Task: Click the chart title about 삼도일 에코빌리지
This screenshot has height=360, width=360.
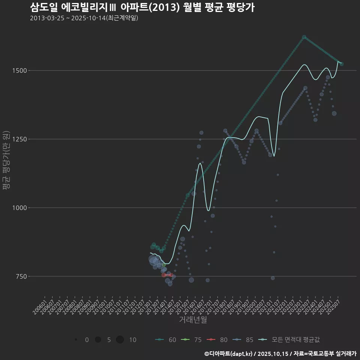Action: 142,7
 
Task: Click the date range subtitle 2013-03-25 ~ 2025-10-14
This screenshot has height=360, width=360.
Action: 84,18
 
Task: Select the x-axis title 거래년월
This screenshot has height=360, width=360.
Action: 193,319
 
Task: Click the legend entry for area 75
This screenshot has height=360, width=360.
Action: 191,340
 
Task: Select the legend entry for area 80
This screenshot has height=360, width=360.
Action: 217,340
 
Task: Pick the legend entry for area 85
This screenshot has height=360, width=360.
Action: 243,340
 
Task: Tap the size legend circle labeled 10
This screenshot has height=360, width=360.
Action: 120,340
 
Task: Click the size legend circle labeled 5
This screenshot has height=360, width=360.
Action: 98,340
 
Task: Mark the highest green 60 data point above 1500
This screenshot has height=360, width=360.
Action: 304,37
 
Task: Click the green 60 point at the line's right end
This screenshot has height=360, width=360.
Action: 341,64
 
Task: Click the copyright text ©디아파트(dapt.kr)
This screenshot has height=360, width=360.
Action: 229,354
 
